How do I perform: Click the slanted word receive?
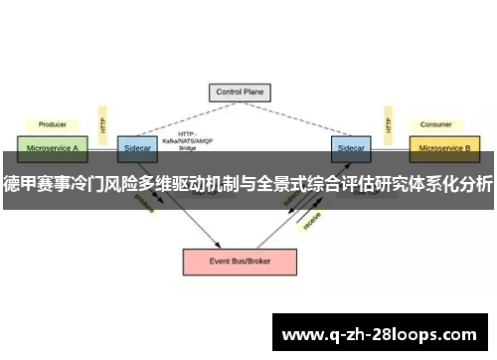coord(311,222)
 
